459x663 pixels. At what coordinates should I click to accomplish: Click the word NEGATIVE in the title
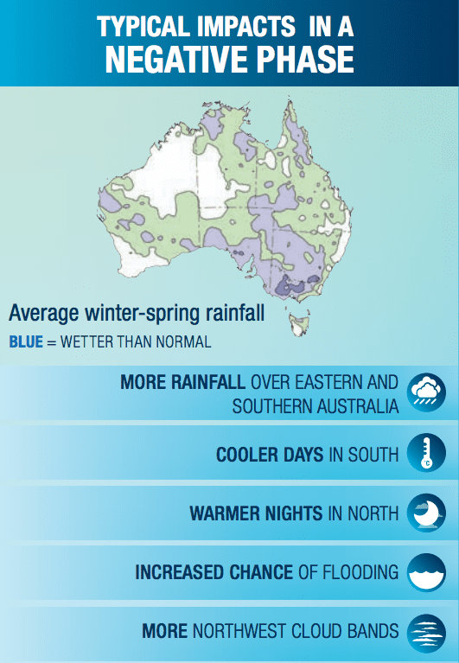176,59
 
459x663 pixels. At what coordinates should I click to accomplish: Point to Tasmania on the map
299,324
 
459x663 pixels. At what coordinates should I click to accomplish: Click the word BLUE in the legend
26,341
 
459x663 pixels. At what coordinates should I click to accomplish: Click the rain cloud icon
426,392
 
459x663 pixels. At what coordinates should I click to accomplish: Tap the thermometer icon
426,452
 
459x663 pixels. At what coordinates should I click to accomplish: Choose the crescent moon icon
426,513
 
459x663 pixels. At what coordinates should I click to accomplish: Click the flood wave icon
426,572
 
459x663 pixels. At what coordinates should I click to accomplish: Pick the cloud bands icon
426,633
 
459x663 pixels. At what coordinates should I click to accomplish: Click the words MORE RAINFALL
182,382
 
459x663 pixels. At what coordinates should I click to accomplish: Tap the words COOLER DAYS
270,455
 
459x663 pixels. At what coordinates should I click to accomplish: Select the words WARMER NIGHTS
257,513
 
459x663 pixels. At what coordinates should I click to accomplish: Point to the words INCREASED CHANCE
214,572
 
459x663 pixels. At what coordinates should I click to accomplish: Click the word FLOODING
360,572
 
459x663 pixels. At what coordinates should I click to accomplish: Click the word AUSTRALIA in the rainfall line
357,406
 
